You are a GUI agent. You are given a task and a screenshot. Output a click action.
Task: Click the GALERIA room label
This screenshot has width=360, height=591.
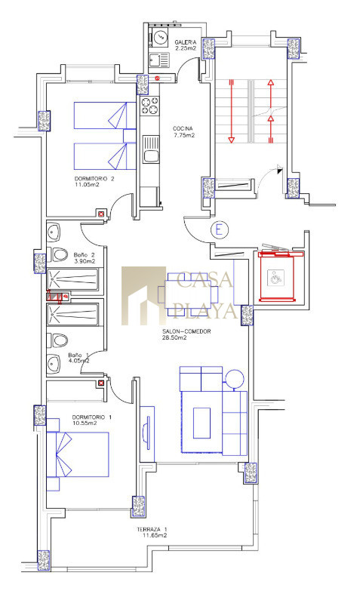point(186,42)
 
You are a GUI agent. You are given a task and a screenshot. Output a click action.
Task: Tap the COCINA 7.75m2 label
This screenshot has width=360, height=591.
point(183,131)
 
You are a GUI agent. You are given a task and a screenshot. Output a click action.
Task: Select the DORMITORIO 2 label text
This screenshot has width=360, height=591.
point(94,179)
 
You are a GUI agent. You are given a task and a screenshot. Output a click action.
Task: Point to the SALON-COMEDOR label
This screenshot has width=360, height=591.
point(186,331)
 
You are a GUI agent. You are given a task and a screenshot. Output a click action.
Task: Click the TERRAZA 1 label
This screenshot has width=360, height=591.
point(152,529)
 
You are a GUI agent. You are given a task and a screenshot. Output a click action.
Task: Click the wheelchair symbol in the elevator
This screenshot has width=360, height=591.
point(275,277)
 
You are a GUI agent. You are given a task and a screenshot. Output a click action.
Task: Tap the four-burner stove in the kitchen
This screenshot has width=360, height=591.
point(149,106)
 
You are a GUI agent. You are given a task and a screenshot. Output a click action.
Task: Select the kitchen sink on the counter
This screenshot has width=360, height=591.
point(151,149)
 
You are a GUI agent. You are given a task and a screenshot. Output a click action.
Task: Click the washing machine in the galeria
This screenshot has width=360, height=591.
point(161,37)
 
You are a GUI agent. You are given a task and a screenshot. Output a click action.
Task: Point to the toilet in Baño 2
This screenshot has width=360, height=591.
point(57,254)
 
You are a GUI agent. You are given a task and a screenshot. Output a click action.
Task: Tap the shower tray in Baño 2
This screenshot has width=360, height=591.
point(72,279)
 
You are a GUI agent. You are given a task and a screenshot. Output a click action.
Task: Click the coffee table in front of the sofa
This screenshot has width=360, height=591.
point(202,423)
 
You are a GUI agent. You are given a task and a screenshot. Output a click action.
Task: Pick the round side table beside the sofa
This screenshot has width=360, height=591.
point(235,378)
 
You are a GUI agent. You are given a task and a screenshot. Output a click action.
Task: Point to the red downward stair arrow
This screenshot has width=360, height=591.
point(232,111)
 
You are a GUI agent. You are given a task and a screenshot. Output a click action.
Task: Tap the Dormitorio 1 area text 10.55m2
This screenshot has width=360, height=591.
point(85,423)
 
